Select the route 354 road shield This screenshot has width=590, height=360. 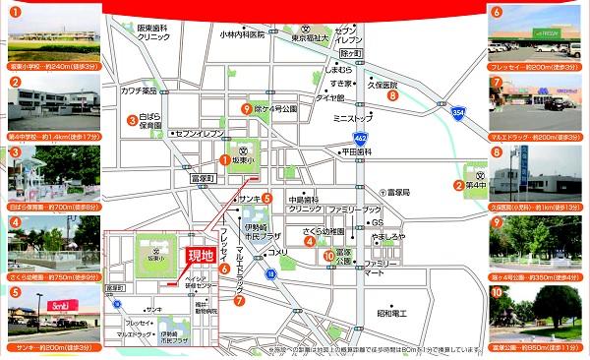click(x=459, y=113)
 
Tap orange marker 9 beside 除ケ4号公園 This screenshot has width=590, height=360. click(x=246, y=109)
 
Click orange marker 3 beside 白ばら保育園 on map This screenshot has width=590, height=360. click(x=130, y=120)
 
